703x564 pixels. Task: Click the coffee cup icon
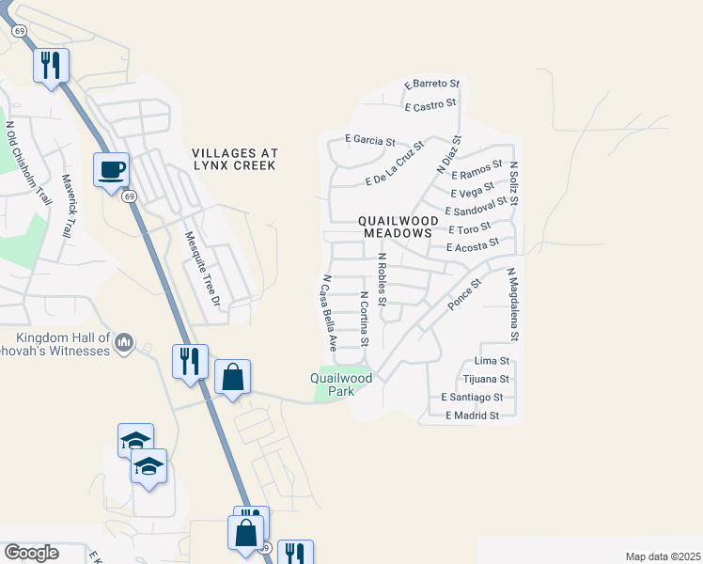click(x=111, y=169)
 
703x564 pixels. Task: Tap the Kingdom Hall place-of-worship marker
click(x=124, y=345)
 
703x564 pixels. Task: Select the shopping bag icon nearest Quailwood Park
click(x=232, y=378)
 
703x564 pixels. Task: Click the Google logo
click(x=31, y=553)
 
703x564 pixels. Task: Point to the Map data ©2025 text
click(x=663, y=556)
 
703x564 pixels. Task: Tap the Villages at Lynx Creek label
click(x=234, y=159)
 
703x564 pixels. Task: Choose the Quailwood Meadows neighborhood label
click(x=395, y=226)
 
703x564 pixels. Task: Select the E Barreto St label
click(x=431, y=86)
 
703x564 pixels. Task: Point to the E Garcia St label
click(x=369, y=141)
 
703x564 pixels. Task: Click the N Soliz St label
click(x=514, y=182)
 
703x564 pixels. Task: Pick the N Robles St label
click(x=382, y=279)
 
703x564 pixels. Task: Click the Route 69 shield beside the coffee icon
click(x=130, y=196)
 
